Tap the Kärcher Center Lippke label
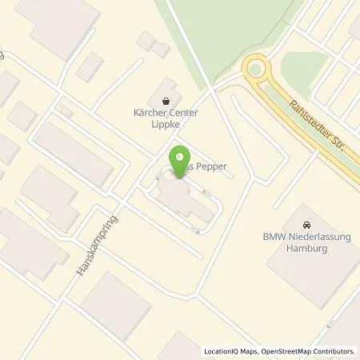tap(166, 119)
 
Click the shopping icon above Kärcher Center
tap(166, 102)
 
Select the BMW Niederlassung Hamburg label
tap(308, 242)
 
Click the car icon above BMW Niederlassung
tap(308, 225)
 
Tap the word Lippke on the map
tap(166, 125)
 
